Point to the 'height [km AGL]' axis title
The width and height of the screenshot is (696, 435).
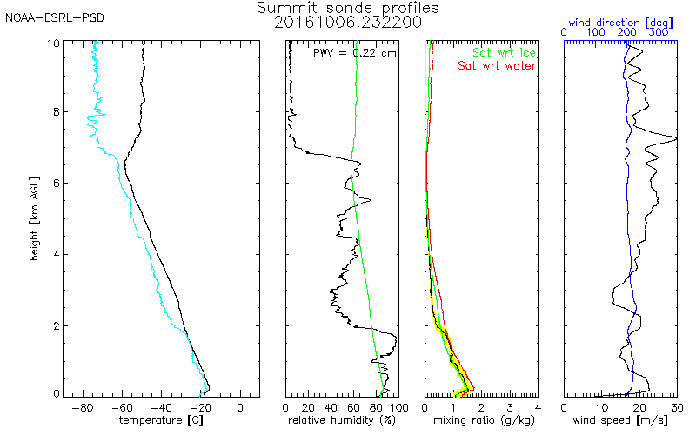(x=33, y=217)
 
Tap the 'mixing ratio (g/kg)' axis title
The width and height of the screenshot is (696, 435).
(x=480, y=421)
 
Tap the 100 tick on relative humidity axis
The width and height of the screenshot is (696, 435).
(x=398, y=406)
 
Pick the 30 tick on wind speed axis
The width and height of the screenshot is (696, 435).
(x=675, y=406)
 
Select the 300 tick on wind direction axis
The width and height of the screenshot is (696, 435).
(x=659, y=31)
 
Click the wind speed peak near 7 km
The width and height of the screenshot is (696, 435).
(x=675, y=138)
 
